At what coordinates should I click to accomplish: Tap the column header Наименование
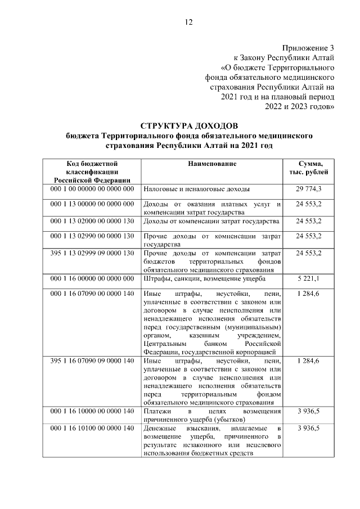[212, 164]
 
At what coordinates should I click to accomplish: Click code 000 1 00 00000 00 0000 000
[92, 190]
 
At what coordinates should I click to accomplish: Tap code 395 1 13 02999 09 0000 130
[92, 253]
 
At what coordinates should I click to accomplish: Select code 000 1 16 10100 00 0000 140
[92, 429]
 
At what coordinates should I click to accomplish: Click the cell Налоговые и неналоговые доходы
[197, 190]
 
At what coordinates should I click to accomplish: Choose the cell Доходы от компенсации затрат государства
[211, 221]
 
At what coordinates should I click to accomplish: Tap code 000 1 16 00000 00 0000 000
[92, 279]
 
